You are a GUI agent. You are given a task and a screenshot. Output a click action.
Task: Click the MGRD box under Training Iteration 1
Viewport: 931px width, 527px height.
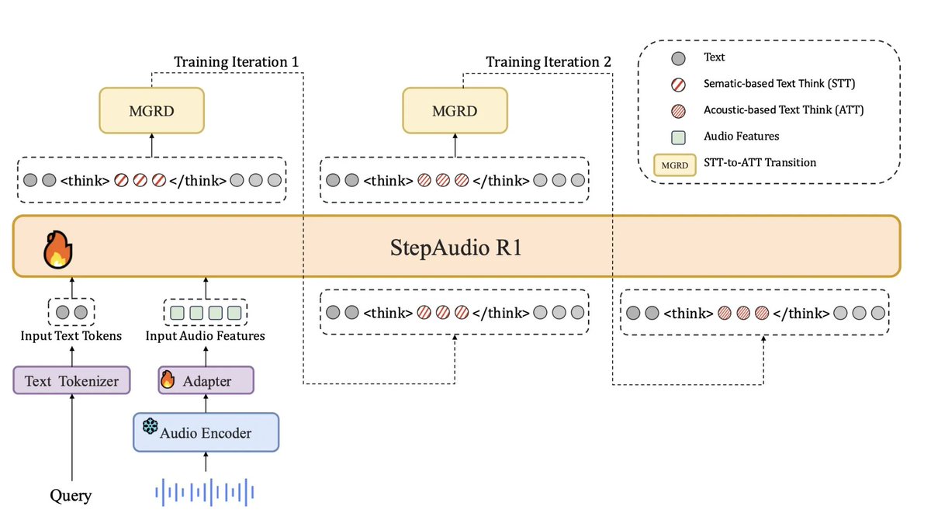click(151, 109)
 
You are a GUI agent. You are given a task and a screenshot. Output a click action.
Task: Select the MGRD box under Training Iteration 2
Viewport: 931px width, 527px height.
click(455, 109)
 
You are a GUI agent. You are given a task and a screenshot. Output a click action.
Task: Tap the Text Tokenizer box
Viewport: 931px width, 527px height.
click(71, 380)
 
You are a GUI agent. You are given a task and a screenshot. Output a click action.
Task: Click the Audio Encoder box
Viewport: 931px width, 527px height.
click(206, 432)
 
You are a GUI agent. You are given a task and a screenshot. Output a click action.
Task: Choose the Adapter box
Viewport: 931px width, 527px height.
click(206, 380)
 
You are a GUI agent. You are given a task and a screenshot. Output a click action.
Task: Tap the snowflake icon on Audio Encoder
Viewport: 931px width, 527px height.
click(150, 425)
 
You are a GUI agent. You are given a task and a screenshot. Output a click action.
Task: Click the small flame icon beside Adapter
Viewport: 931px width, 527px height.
click(168, 380)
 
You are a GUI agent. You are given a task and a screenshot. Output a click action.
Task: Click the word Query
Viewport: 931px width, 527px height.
click(71, 495)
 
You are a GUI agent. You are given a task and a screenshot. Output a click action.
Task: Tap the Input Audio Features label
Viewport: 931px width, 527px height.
click(206, 336)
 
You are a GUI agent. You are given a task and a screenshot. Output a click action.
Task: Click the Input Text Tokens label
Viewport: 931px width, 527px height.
click(71, 336)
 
